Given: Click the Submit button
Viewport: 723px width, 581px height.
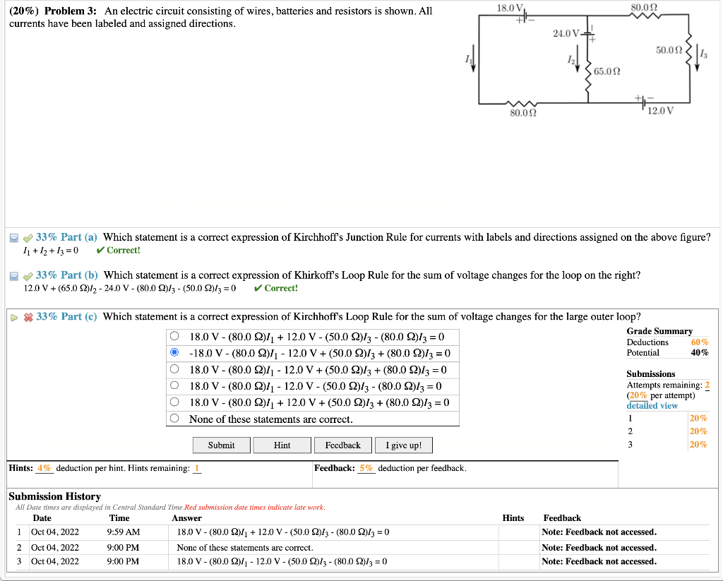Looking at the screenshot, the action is (x=222, y=445).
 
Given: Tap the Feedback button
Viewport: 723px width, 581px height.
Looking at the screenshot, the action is (x=342, y=445).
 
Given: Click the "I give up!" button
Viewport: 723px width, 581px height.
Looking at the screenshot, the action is (x=403, y=445).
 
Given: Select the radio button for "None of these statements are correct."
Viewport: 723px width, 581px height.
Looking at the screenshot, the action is (x=174, y=419).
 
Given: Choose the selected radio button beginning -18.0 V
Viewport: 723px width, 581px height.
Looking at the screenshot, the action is (x=174, y=353).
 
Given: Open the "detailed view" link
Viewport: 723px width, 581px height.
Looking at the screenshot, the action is (x=652, y=405).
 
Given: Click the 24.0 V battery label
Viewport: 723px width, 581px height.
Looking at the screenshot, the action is (x=566, y=33).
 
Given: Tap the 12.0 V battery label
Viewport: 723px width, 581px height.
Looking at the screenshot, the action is (x=661, y=111).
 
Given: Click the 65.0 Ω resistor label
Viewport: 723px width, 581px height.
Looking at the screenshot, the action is (x=607, y=71).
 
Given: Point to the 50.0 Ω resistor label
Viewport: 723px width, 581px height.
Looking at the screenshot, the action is (x=668, y=51).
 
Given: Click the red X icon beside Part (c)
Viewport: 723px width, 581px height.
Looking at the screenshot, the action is (x=29, y=317).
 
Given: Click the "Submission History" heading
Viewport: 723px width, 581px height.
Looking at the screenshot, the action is (x=54, y=496).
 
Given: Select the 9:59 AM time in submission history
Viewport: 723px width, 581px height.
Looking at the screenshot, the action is (x=124, y=532).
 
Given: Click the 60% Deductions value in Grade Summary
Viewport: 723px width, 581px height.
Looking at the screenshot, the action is (x=700, y=342).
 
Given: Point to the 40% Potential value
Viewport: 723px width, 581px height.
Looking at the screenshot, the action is (x=700, y=353).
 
